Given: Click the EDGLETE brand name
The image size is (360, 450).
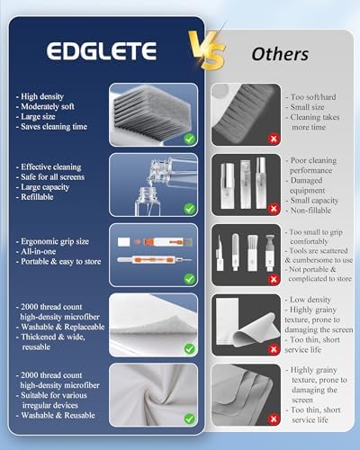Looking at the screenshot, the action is point(102,50).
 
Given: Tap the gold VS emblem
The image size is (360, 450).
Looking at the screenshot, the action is point(207,50).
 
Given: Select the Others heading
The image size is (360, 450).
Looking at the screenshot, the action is point(280,54).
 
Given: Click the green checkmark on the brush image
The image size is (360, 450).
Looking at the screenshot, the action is point(189,139).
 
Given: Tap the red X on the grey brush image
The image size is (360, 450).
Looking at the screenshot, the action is point(274,139).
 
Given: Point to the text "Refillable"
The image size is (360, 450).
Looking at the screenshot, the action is point(37,197).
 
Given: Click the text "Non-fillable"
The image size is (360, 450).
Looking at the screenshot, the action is point(310,211).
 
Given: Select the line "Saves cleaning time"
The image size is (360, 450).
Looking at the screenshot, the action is point(54,127).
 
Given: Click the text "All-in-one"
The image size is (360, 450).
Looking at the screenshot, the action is point(38,251).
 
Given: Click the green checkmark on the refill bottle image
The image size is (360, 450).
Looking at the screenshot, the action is point(189,209).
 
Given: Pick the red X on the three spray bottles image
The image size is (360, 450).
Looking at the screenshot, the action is point(274,209).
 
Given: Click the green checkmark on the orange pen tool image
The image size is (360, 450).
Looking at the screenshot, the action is point(189,279).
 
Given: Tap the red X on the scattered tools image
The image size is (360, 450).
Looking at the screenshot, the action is point(274,279).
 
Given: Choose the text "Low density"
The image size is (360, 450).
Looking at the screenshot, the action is point(310,300).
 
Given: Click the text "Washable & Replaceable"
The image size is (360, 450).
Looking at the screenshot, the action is point(63,327).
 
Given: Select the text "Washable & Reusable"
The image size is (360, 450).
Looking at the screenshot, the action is point(58,415).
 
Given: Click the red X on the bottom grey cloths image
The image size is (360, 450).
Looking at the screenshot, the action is point(274,419).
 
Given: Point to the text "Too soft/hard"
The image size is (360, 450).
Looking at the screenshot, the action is point(313,97).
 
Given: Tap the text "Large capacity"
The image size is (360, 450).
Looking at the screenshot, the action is point(45,187).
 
